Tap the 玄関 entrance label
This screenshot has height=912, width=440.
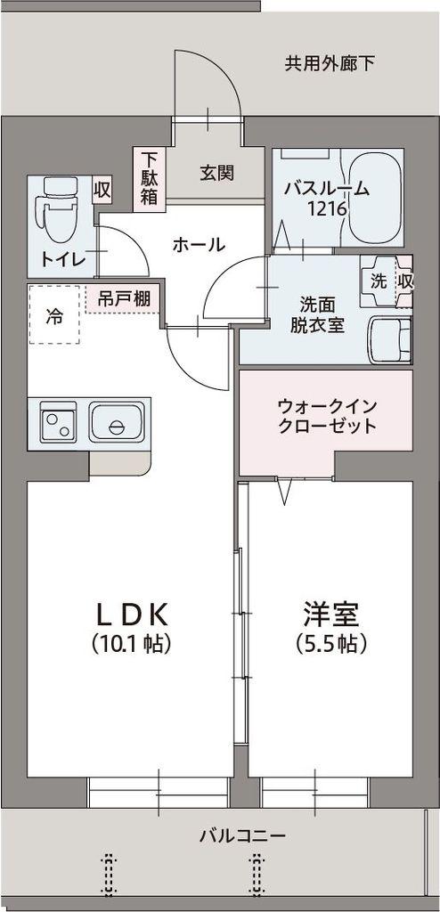216,173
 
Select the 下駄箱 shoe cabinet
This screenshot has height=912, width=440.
148,178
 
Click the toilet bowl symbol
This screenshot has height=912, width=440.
56,209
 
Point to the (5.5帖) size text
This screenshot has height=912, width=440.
330,642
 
